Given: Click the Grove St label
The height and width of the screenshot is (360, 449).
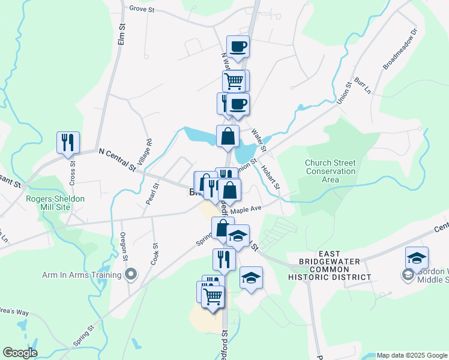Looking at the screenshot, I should coord(142,10).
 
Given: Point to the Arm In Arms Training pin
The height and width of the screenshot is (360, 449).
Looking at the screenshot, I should coord(131,275).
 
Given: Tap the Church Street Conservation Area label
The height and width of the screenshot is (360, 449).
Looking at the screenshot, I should coord(330,171).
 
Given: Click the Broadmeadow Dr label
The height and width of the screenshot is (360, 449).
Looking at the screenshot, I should coord(400,47).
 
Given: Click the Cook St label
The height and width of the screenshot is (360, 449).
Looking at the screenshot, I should coord(155,255).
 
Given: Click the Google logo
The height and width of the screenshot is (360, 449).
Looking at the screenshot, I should coord(20,353).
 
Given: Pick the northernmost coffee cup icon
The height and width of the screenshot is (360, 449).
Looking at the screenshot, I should coord(238,46).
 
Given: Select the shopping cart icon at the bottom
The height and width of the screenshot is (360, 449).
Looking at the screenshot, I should coord(213,296).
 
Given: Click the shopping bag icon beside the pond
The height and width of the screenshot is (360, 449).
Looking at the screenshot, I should coord(228,136).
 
